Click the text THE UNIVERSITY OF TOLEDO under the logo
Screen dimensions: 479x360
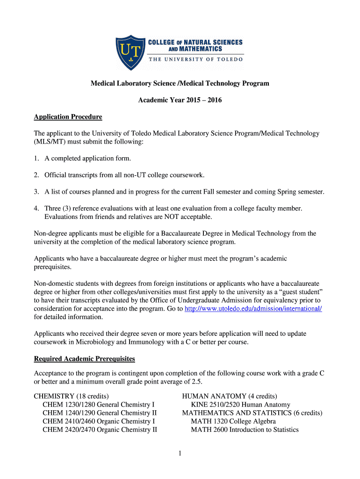[196, 59]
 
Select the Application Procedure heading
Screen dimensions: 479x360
[68, 116]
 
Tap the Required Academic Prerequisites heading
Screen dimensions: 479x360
[85, 359]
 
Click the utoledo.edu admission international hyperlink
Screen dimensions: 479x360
[253, 309]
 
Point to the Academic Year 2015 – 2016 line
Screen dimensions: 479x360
[180, 100]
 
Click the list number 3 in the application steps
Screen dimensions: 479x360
[36, 192]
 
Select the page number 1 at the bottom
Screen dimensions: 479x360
[180, 453]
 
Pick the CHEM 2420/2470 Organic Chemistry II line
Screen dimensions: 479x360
[100, 430]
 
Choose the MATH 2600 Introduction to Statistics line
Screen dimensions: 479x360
[245, 430]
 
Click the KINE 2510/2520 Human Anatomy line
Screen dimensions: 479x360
[240, 405]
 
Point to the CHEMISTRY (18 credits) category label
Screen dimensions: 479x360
[72, 396]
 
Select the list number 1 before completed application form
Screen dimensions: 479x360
[36, 158]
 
